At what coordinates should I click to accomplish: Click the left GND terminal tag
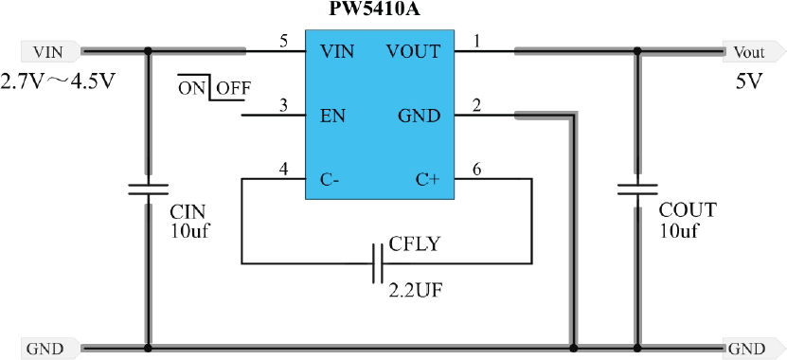coord(45,349)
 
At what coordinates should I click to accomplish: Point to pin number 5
coord(284,41)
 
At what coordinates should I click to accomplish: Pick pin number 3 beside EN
coord(284,106)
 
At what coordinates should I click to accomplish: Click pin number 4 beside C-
coord(284,170)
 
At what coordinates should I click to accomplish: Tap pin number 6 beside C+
coord(476,170)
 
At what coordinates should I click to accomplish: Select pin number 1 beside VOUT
coord(476,41)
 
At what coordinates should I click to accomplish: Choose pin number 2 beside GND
coord(476,106)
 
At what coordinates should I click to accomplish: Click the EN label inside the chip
coord(332,117)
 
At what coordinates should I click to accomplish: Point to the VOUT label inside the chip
coord(414,51)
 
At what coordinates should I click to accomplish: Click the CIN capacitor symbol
coord(148,189)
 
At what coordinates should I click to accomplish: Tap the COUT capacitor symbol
coord(637,189)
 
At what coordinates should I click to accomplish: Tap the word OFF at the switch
coord(233,88)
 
